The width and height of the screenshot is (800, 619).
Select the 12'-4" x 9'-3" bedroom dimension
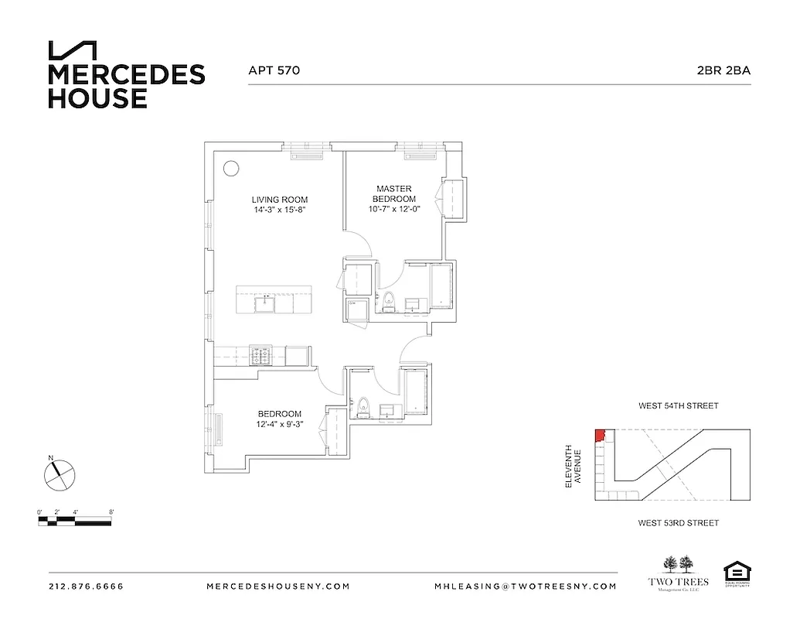click(279, 423)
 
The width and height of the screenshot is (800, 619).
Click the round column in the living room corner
click(231, 167)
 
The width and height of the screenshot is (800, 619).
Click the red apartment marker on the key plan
click(599, 436)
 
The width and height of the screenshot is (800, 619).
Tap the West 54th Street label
click(678, 405)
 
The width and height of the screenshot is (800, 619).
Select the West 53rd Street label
click(678, 523)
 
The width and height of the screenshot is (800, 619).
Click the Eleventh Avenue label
click(572, 466)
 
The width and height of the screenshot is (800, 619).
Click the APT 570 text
click(274, 70)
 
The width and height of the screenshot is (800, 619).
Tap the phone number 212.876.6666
click(86, 587)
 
